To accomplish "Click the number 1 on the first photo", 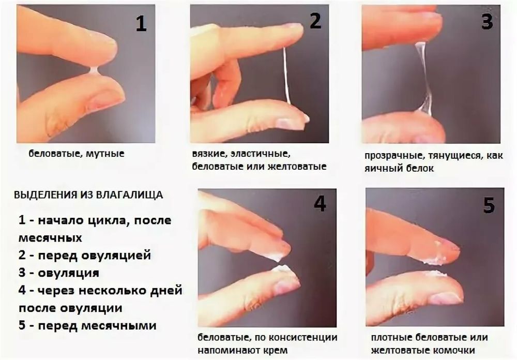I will [141, 23].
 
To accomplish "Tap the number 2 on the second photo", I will [315, 21].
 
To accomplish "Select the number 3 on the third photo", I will [486, 21].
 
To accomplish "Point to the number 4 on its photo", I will [320, 203].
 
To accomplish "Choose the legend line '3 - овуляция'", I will [58, 273].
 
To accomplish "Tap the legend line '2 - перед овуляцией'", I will [84, 255].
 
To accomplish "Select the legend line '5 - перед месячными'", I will [87, 326].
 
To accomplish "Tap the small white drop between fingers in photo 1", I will [94, 71].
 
